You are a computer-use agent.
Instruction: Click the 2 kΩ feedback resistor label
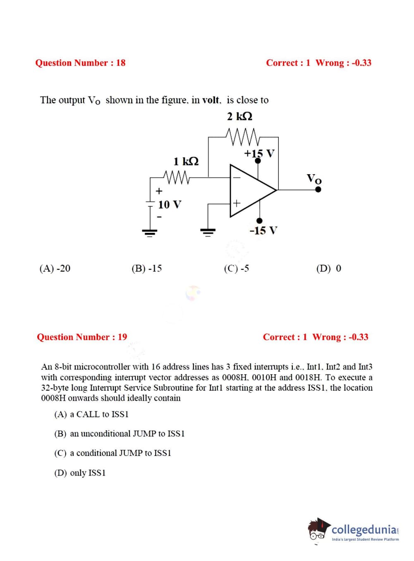click(x=239, y=116)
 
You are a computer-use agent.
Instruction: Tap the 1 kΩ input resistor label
click(x=186, y=161)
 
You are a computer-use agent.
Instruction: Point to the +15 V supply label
click(x=259, y=153)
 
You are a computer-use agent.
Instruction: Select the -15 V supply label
click(x=263, y=230)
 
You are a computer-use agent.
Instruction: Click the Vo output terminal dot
click(x=318, y=189)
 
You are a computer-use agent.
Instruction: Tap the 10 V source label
click(x=170, y=204)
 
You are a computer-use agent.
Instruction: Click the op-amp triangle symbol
click(x=250, y=190)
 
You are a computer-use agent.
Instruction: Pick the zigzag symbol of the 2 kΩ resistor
click(x=243, y=137)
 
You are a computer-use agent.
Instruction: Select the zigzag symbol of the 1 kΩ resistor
click(x=177, y=177)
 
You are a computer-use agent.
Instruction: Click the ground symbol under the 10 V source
click(x=150, y=232)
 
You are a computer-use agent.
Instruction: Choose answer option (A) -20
click(x=55, y=269)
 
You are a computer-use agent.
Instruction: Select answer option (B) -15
click(x=146, y=269)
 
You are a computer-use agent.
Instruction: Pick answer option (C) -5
click(x=236, y=269)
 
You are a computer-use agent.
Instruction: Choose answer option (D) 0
click(x=329, y=269)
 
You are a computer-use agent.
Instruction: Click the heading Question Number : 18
click(x=80, y=63)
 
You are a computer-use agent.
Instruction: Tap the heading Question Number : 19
click(x=82, y=337)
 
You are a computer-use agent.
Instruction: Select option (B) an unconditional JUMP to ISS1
click(x=120, y=434)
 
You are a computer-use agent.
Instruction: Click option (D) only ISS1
click(x=80, y=473)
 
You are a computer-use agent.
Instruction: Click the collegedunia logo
click(x=354, y=530)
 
